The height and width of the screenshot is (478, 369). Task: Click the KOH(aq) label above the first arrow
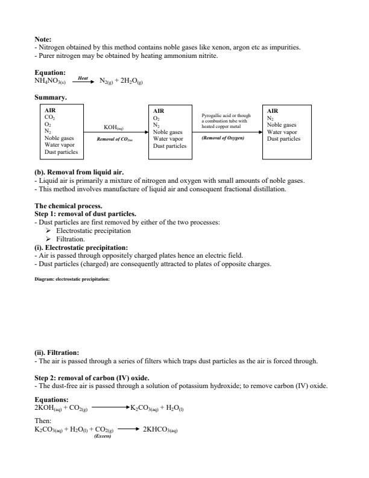click(x=114, y=127)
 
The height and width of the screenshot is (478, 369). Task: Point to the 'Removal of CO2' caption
click(x=114, y=139)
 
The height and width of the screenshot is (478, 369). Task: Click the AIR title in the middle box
click(x=159, y=111)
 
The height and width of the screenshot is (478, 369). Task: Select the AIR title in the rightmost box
click(x=273, y=111)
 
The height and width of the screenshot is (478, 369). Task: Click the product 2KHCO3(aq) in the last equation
click(x=163, y=430)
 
